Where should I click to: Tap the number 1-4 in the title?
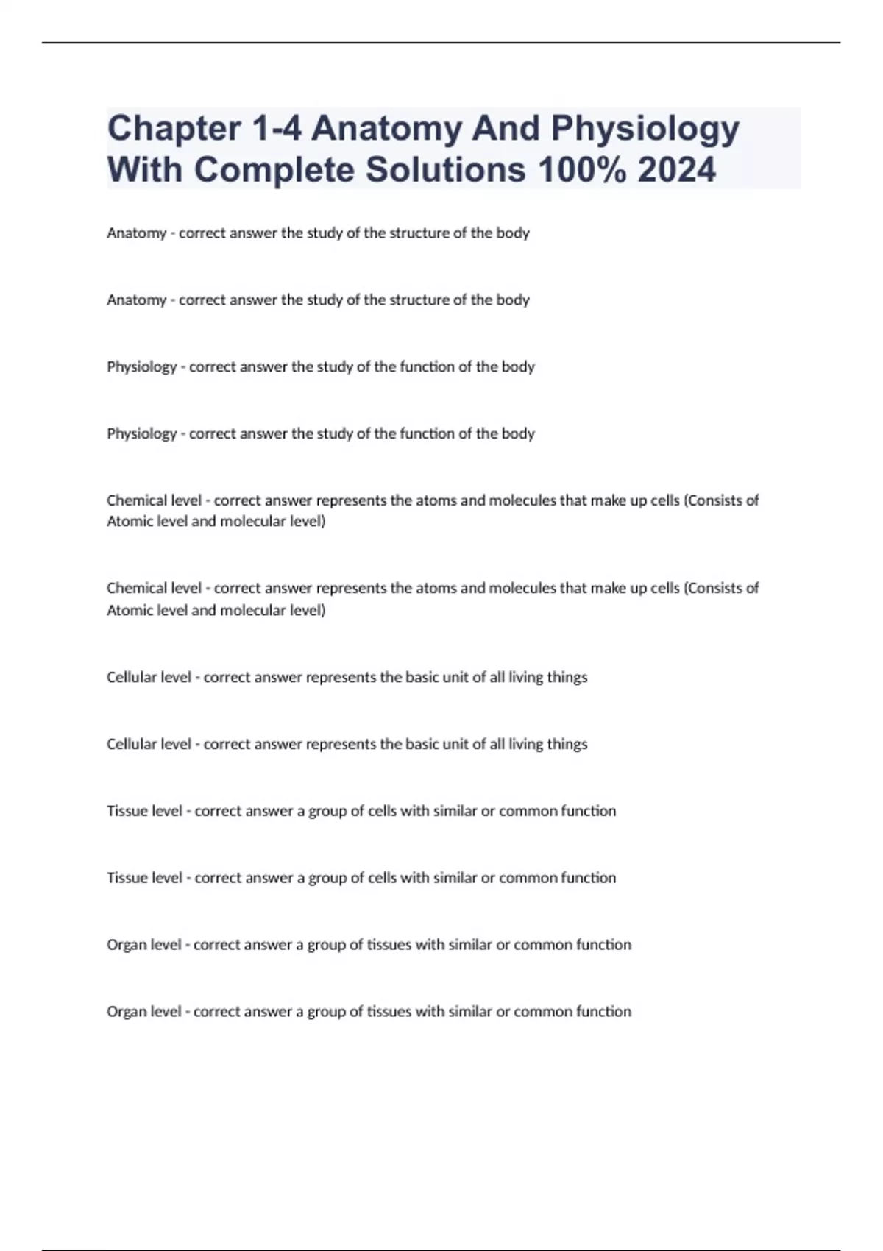point(277,129)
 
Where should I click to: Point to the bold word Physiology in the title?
point(645,129)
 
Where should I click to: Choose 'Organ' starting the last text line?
point(126,1012)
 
